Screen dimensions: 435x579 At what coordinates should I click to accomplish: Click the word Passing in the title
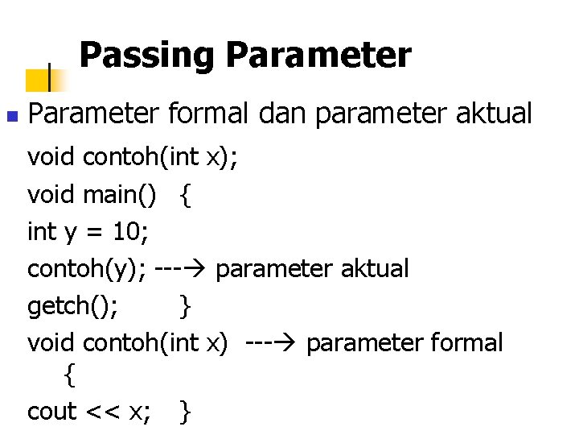tap(146, 56)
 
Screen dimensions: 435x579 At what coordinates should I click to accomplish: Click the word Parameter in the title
tap(318, 56)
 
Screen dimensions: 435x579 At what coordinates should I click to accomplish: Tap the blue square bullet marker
tap(10, 117)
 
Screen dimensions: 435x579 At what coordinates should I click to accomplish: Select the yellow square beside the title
tap(38, 79)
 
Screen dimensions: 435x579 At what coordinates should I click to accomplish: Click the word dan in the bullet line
tap(284, 114)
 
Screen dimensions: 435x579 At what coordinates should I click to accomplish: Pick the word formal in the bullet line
tap(210, 114)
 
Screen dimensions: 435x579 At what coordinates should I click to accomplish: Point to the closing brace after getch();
tap(186, 307)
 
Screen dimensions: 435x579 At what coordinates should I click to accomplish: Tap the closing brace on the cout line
tap(186, 412)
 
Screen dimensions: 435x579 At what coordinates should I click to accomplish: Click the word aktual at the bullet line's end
tap(494, 114)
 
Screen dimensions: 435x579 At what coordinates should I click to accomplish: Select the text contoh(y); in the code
tap(87, 269)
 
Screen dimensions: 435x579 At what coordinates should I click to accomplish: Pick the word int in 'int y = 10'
tap(41, 232)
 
